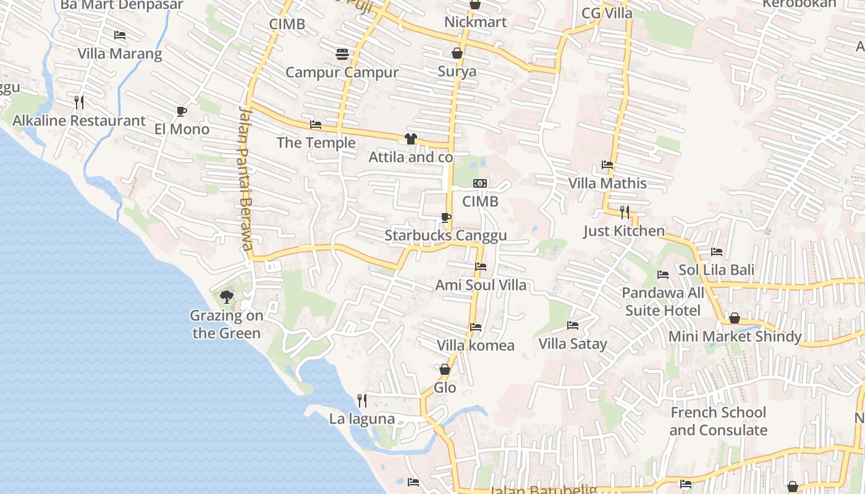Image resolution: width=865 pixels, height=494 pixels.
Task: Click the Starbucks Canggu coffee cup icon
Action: click(445, 217)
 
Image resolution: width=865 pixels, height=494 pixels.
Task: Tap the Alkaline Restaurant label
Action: click(79, 120)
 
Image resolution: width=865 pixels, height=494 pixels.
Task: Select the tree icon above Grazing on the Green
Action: click(227, 297)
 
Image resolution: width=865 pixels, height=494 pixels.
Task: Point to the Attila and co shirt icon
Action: click(410, 139)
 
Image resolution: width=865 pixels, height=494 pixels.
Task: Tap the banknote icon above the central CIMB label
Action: click(480, 183)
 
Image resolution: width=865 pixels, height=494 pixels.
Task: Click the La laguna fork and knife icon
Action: click(362, 400)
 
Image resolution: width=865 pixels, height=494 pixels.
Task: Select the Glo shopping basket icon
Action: click(444, 369)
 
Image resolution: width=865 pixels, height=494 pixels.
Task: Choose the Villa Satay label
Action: click(573, 344)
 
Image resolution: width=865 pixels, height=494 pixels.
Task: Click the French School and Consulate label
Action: click(718, 421)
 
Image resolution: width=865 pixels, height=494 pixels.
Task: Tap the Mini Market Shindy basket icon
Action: click(735, 318)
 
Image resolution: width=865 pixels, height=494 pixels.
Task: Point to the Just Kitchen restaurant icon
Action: click(625, 212)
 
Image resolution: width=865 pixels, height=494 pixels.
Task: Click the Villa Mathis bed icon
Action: click(607, 165)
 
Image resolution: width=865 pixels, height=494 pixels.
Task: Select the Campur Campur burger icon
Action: click(342, 54)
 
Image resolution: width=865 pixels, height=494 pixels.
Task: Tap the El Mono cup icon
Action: click(181, 111)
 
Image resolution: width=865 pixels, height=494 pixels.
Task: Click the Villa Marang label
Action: click(120, 54)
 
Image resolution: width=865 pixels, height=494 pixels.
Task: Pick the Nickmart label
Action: click(475, 22)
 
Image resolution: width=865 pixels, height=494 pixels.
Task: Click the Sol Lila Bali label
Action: click(716, 270)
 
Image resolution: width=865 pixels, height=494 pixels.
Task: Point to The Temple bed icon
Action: click(316, 125)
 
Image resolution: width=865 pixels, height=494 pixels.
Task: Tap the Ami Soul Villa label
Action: click(481, 285)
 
